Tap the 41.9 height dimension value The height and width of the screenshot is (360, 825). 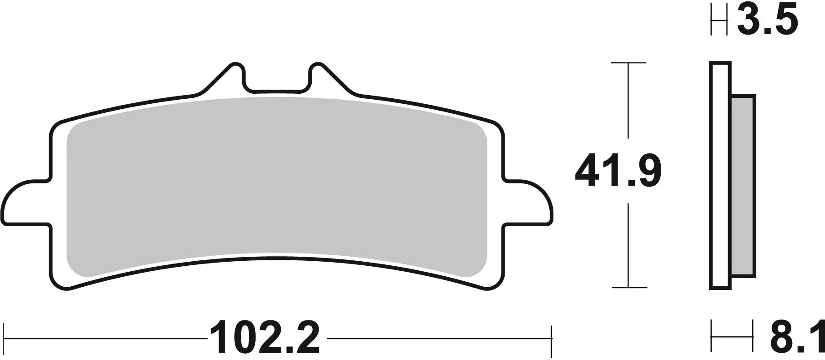click(x=618, y=171)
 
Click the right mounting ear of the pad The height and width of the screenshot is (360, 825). click(x=530, y=203)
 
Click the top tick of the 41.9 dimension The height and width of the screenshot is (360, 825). click(x=628, y=63)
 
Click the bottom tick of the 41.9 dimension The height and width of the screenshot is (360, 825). click(x=628, y=288)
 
